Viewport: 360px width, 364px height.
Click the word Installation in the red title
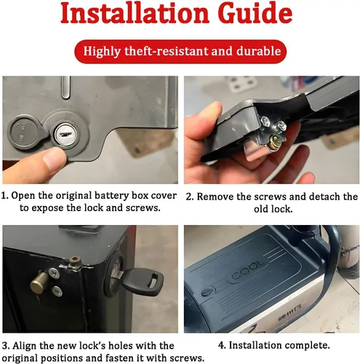(135, 12)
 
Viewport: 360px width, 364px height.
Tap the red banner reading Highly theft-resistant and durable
(180, 52)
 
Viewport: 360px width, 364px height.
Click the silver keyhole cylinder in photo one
(65, 135)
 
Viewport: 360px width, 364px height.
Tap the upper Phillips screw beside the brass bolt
(54, 273)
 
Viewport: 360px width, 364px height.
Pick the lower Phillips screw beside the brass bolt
(57, 291)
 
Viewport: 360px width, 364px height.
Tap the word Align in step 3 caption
(24, 346)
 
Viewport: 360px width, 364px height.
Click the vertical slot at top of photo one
(65, 87)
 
